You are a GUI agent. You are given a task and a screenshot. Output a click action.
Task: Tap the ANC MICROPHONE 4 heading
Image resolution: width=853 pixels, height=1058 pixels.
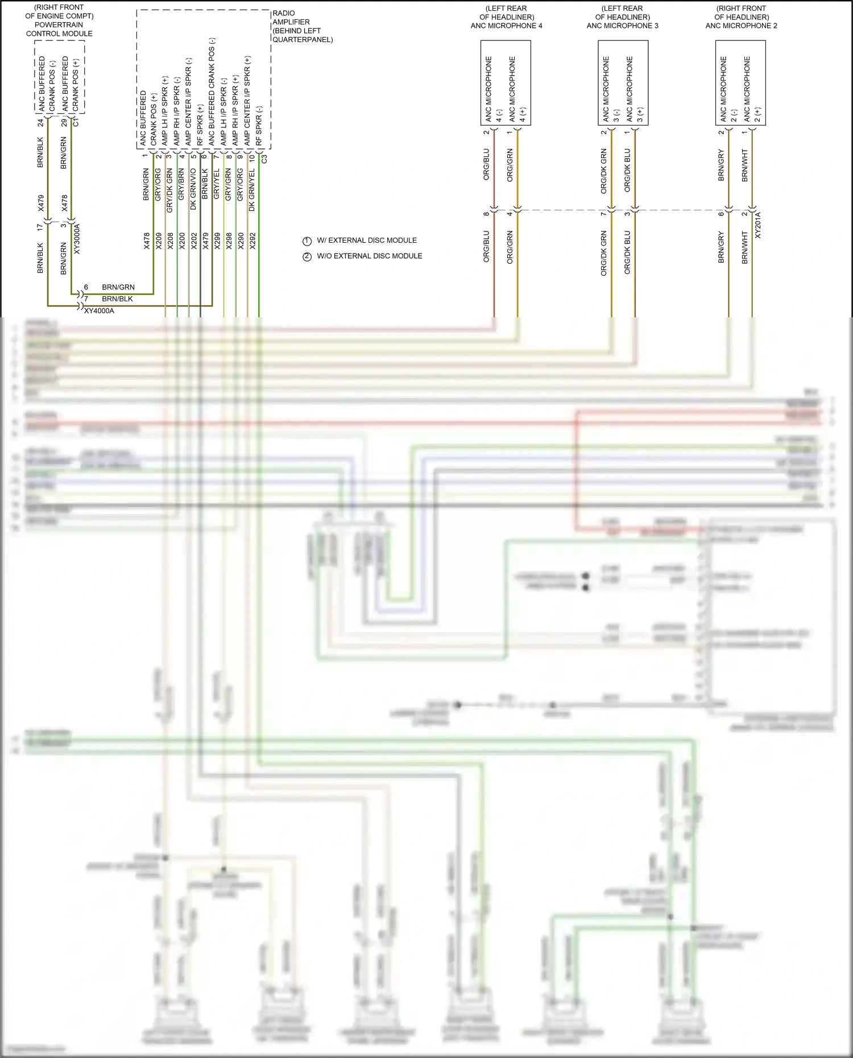pos(506,26)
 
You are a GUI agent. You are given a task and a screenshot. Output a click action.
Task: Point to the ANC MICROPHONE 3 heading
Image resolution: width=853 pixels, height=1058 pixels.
pos(622,26)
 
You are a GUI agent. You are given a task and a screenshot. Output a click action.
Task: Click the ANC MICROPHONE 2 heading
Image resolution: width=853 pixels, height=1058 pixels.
pos(741,26)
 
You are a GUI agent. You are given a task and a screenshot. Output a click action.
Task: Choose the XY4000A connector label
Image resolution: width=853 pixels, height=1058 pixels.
pos(99,311)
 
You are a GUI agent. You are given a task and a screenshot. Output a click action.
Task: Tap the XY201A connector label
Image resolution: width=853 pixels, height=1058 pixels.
pos(757,225)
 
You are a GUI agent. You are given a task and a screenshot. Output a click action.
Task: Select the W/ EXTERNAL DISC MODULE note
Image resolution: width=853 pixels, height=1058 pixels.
pos(367,240)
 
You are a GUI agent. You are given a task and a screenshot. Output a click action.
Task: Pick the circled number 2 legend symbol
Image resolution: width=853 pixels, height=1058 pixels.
pos(307,256)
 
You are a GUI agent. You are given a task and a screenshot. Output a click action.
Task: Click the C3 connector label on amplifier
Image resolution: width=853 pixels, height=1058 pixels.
pos(264,159)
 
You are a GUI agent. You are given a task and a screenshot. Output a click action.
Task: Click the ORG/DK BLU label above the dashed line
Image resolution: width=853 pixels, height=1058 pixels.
pos(627,170)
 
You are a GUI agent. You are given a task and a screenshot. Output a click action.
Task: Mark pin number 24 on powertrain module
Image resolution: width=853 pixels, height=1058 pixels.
pos(41,122)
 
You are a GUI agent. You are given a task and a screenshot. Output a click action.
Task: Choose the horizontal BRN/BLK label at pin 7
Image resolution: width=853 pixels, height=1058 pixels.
pos(117,299)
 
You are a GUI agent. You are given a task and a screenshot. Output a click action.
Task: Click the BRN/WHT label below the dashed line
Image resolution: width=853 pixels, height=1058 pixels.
pos(745,247)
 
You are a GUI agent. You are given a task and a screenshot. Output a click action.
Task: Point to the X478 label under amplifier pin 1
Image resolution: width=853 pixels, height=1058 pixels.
pos(147,241)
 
